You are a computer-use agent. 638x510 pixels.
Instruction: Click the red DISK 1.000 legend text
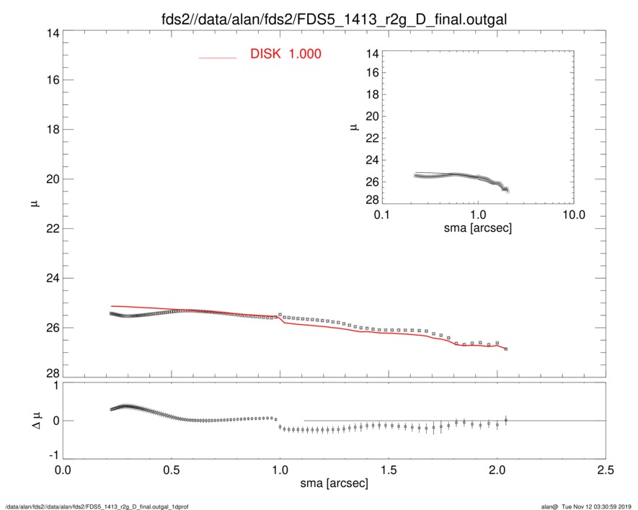(285, 54)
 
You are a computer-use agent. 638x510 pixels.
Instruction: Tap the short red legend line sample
(218, 57)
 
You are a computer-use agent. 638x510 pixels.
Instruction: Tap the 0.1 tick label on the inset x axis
(381, 214)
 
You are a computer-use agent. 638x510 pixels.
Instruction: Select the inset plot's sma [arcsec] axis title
(477, 227)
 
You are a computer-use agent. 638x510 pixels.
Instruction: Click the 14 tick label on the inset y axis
(373, 54)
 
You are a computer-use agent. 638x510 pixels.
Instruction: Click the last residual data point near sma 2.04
(506, 420)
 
